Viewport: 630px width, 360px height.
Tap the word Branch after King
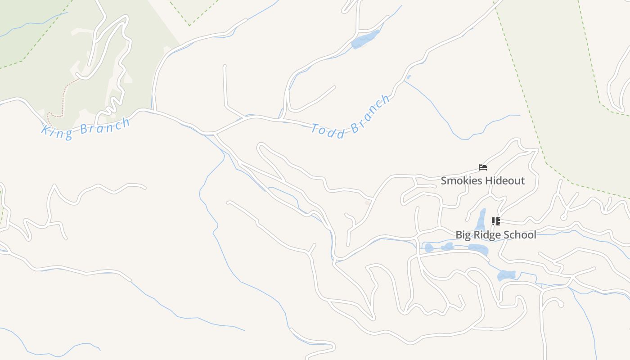pyautogui.click(x=105, y=126)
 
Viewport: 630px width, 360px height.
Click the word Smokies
pyautogui.click(x=460, y=181)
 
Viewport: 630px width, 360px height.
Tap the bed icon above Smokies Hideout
pyautogui.click(x=483, y=168)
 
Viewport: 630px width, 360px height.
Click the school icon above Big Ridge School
pyautogui.click(x=495, y=221)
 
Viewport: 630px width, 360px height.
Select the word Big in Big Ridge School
pyautogui.click(x=463, y=235)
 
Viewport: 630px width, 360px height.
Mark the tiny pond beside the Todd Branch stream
pyautogui.click(x=408, y=77)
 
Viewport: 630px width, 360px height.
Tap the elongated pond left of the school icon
pyautogui.click(x=481, y=220)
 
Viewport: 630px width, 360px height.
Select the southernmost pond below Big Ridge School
pyautogui.click(x=507, y=275)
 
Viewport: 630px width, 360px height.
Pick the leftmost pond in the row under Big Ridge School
pyautogui.click(x=429, y=247)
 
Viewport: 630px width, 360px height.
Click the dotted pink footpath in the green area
pyautogui.click(x=63, y=97)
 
